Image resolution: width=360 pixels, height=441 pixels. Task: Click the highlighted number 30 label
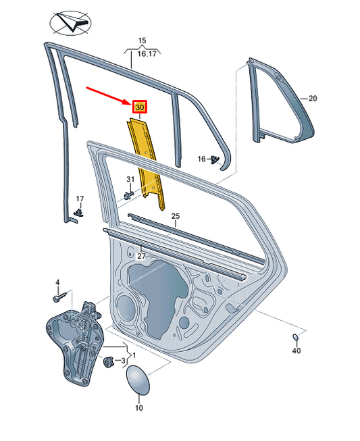click(140, 107)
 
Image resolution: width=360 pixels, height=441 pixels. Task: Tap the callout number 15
click(142, 41)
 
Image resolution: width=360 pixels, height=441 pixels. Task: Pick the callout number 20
click(312, 99)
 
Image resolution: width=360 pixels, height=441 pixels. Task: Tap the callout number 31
click(131, 179)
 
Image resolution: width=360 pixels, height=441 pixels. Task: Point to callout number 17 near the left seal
click(80, 199)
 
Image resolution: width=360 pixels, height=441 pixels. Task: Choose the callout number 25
click(175, 216)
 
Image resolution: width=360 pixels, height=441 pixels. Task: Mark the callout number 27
click(140, 257)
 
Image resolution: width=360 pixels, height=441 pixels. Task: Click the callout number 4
click(57, 282)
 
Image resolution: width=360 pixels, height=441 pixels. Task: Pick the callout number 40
click(297, 351)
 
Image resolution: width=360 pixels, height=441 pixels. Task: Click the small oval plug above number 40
click(296, 337)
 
